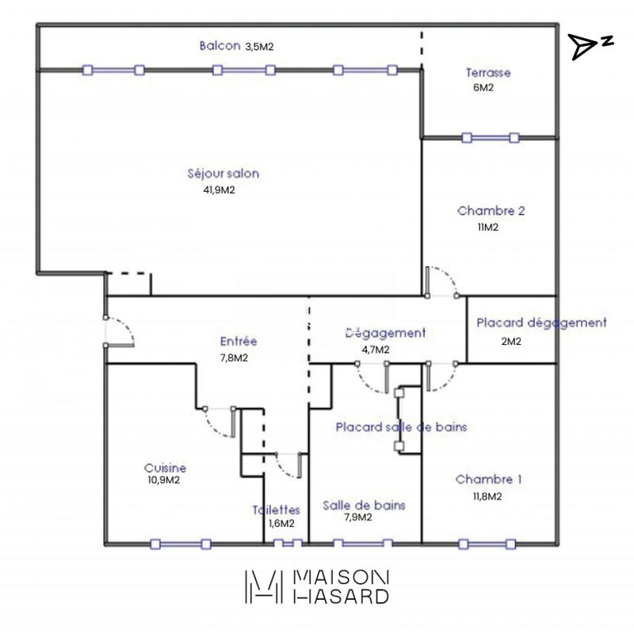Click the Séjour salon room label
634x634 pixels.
[223, 174]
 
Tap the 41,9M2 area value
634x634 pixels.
[220, 190]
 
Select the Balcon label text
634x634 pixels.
[220, 46]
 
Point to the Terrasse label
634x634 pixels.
[488, 73]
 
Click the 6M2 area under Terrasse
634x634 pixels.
[483, 88]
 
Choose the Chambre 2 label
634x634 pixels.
[491, 212]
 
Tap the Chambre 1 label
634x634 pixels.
[489, 479]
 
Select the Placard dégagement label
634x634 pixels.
[541, 323]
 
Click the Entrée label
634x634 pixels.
[239, 342]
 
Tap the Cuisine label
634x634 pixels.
[166, 468]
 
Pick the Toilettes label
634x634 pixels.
[276, 510]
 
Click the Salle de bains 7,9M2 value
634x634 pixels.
[357, 518]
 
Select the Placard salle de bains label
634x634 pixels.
[400, 426]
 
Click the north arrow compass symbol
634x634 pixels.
[590, 47]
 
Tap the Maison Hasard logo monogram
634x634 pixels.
[262, 586]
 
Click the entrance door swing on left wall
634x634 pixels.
[119, 332]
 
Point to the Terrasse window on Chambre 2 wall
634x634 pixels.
[490, 137]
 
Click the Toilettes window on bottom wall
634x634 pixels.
[288, 544]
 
